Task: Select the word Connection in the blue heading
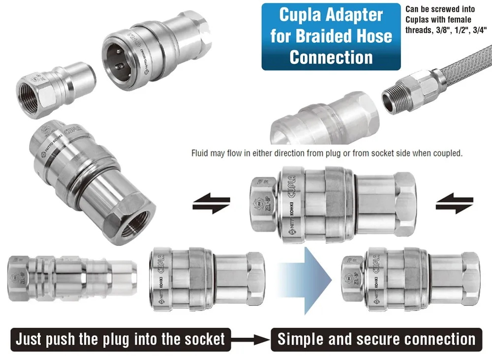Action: (x=331, y=57)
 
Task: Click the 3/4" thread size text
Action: (x=476, y=30)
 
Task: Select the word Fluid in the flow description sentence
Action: (x=200, y=153)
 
